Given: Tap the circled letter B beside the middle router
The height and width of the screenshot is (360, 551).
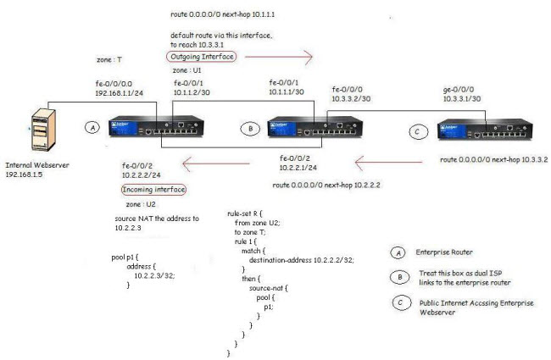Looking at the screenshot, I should pos(249,128).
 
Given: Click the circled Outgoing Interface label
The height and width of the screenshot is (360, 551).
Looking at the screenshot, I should pos(201,56).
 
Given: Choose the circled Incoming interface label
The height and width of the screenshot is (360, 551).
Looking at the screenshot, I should pos(153,189).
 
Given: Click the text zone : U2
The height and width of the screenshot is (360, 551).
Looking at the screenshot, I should pos(139,204).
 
